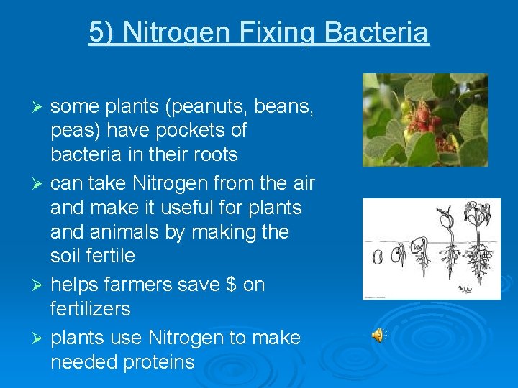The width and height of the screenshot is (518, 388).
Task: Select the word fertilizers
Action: click(91, 309)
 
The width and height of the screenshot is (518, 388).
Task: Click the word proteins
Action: click(158, 362)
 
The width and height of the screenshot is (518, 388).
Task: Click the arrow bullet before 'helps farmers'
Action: click(40, 285)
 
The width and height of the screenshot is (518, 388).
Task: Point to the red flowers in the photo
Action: click(415, 122)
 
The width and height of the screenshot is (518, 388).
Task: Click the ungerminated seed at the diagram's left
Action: click(378, 257)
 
